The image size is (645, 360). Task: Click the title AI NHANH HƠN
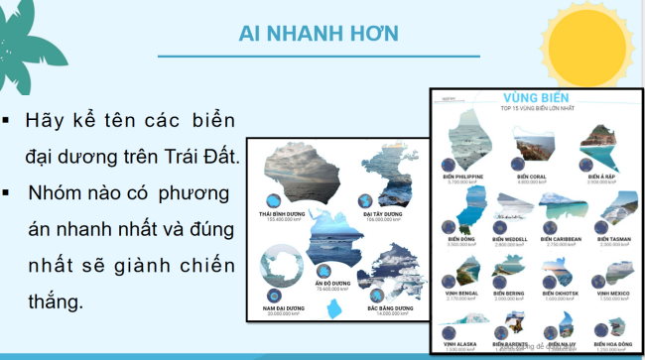click(x=319, y=34)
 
